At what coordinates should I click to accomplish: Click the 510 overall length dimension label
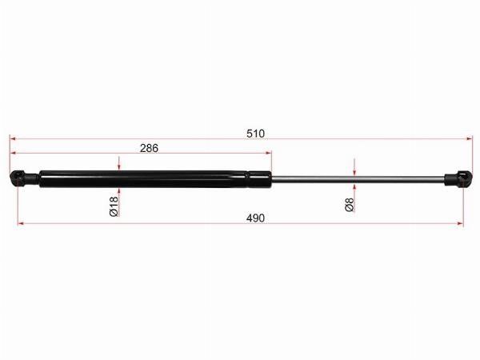point(255,134)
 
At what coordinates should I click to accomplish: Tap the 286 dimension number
point(149,148)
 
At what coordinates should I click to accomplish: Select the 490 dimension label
point(255,218)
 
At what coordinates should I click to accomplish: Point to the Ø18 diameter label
point(114,206)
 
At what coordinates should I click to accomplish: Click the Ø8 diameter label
point(350,205)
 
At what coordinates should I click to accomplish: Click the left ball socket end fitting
point(24,178)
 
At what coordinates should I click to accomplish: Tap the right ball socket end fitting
point(458,178)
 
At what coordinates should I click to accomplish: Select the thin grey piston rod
point(358,180)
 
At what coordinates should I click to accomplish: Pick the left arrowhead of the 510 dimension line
point(13,138)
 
